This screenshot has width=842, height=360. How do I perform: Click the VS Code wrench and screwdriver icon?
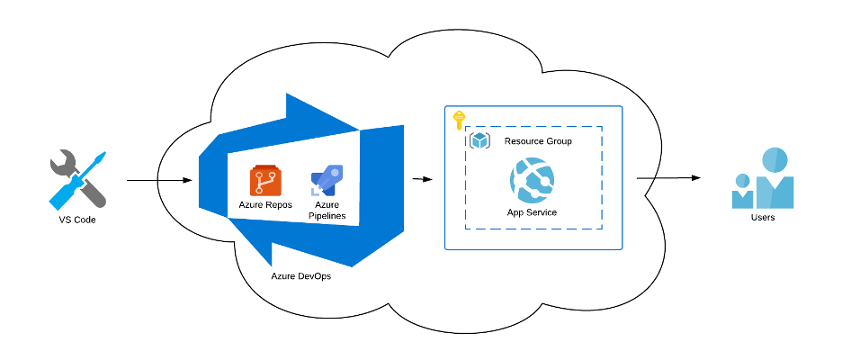[77, 179]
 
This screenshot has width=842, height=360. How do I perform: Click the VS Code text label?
[76, 220]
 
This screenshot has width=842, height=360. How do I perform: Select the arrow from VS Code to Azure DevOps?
[159, 181]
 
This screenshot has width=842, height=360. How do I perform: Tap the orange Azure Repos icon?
[264, 181]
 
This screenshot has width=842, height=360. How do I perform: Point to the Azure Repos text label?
[264, 205]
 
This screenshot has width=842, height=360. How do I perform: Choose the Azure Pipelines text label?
[327, 211]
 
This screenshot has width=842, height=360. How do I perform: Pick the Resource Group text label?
[538, 141]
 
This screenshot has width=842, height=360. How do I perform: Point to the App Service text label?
[532, 212]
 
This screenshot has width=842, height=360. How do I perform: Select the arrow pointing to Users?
[669, 178]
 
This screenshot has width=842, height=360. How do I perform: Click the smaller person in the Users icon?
[743, 190]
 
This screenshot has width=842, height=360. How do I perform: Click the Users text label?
[762, 218]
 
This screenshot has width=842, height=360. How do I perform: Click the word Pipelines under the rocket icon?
[327, 216]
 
